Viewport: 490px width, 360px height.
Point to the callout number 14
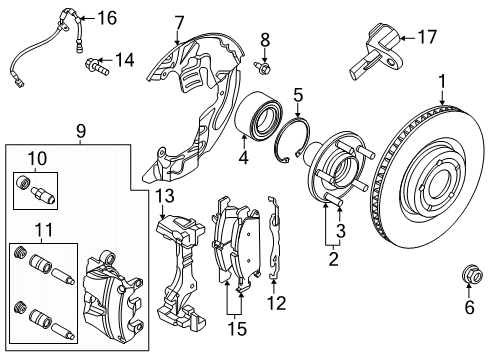123,61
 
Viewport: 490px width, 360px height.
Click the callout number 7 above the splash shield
179,22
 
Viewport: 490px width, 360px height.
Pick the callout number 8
265,39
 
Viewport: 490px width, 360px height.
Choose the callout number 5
298,95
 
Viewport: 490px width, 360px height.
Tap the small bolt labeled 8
264,67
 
